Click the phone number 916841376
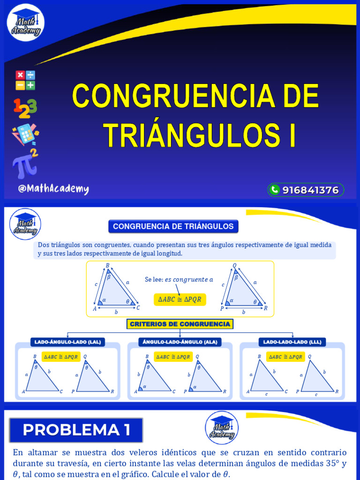coord(310,190)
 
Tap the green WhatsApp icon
coord(275,190)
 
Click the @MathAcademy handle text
coord(53,189)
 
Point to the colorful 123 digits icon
coord(25,108)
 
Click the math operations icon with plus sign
coord(25,80)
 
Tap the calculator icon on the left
coord(25,134)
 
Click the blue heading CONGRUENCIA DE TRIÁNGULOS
coord(173,226)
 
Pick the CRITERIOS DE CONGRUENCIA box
coord(180,324)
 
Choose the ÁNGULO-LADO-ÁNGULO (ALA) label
coord(180,342)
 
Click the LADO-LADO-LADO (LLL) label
coord(292,342)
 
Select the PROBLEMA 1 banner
coord(76,430)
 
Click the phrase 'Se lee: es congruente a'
coord(179,280)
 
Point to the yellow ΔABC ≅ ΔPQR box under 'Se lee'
coord(180,300)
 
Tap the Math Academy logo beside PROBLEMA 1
coord(222,427)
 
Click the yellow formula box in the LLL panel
coord(285,357)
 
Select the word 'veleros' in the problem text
coord(146,453)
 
